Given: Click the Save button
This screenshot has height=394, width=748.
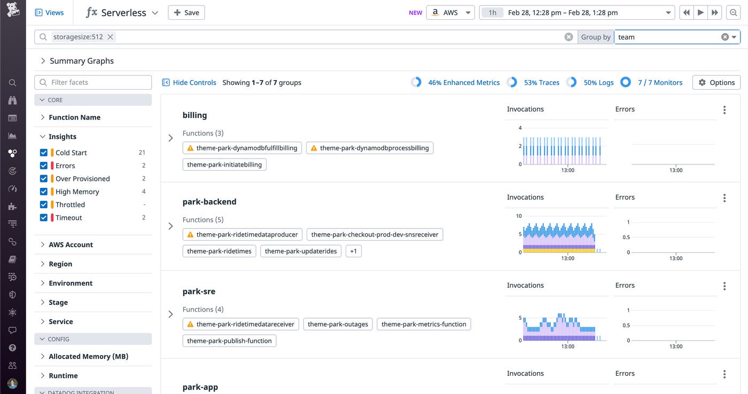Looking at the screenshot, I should [x=186, y=13].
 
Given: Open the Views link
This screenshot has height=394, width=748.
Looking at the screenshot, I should [x=49, y=13].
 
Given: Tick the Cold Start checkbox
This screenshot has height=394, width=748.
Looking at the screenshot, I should [x=44, y=153].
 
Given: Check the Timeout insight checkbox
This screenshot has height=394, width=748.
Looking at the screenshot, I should [x=44, y=218].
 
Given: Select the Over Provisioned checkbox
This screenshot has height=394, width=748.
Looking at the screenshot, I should [x=44, y=179].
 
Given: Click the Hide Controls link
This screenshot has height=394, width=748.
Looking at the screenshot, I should [x=189, y=83].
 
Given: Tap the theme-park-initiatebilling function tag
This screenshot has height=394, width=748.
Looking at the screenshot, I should [x=224, y=164].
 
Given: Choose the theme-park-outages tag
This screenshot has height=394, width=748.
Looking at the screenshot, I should [x=338, y=324].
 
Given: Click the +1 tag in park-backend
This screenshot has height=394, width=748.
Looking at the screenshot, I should [x=353, y=251].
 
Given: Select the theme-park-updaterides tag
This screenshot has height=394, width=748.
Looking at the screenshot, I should [x=301, y=251].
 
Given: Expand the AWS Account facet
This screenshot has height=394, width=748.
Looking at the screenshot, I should [x=71, y=245].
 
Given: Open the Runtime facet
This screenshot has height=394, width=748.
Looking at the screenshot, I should [x=63, y=375].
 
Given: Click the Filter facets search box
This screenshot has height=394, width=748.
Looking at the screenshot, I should [x=93, y=82].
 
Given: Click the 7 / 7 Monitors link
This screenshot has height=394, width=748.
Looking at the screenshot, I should [x=660, y=83].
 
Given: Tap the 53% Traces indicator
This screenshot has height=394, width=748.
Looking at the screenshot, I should [x=541, y=83].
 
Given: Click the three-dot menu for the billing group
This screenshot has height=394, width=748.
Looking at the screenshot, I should [x=724, y=110].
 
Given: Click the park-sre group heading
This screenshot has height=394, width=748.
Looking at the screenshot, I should [x=199, y=291].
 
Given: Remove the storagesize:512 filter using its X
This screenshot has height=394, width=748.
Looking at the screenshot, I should [x=110, y=37].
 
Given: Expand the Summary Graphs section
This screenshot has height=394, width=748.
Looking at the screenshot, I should [x=81, y=61].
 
